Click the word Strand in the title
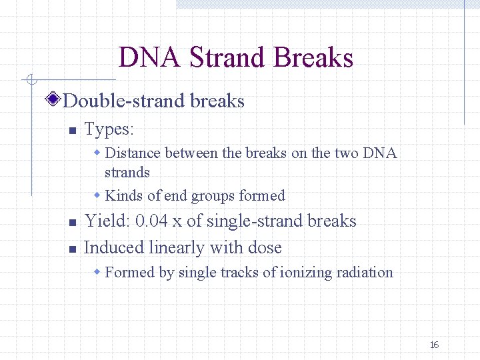(x=227, y=57)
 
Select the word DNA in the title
(x=149, y=57)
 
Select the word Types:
(x=109, y=128)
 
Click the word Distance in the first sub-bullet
(x=133, y=153)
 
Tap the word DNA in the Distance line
(x=379, y=153)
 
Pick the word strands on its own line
(x=127, y=173)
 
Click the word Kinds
(x=123, y=196)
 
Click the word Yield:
(x=107, y=221)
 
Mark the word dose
(x=265, y=248)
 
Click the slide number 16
(x=434, y=345)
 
